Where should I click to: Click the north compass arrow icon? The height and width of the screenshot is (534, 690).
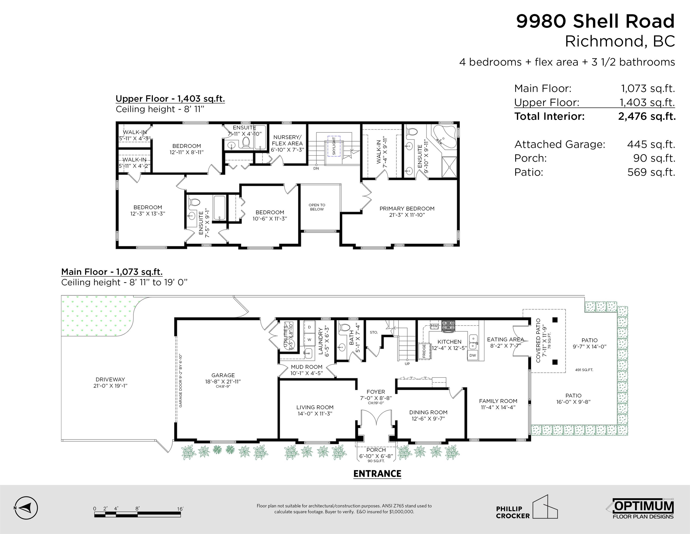26,508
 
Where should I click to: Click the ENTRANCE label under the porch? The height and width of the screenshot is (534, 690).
377,474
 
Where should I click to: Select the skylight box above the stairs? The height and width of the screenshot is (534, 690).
334,146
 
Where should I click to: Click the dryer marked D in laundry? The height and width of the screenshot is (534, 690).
309,327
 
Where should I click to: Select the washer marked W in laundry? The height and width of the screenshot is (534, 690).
309,340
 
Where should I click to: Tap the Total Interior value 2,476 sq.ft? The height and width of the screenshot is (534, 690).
647,116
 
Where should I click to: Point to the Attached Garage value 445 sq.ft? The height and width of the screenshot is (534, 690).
651,144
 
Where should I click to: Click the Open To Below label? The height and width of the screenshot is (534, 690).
317,207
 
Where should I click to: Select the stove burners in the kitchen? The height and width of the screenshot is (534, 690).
449,325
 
